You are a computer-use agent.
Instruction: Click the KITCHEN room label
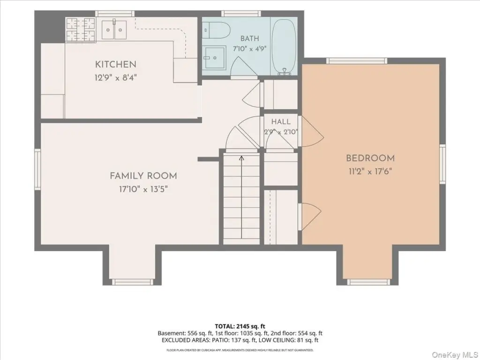[x=116, y=64]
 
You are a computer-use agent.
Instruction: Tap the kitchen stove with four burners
[x=81, y=30]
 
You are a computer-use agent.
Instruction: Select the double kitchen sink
[x=114, y=29]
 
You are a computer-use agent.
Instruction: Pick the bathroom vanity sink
[x=215, y=58]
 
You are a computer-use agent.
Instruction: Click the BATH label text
[x=249, y=38]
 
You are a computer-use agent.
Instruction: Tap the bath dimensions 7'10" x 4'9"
[x=250, y=49]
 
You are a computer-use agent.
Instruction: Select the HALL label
[x=281, y=121]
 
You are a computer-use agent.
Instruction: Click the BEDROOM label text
[x=370, y=158]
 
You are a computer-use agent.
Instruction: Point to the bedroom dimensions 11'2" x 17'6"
[x=370, y=172]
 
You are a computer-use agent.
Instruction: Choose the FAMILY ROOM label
[x=143, y=176]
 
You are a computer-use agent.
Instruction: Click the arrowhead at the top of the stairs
[x=241, y=158]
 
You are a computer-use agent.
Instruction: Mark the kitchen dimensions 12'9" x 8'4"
[x=116, y=77]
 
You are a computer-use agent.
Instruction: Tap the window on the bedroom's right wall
[x=442, y=164]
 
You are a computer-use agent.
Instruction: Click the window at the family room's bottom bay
[x=132, y=282]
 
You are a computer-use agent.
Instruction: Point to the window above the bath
[x=241, y=14]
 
